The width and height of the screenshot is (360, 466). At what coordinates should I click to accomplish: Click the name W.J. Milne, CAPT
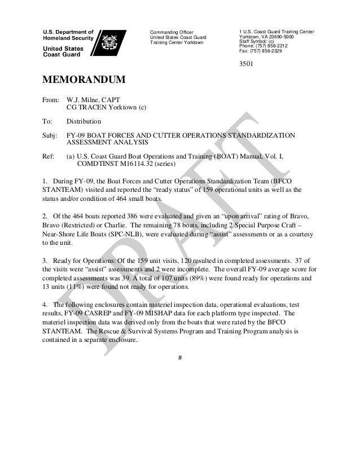coord(92,99)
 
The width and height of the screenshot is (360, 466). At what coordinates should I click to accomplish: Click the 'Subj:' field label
coord(51,136)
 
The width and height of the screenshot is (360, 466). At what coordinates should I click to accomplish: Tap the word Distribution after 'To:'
coord(84,121)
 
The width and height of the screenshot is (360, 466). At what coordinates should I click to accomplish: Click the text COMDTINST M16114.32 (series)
coord(126,165)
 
